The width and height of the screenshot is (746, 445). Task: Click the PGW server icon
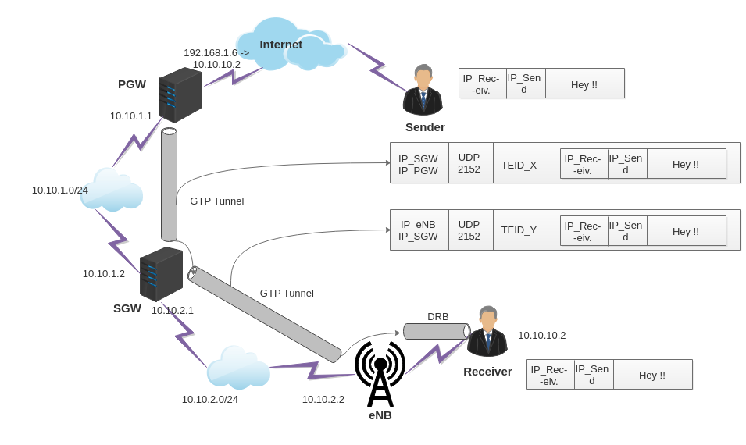click(x=180, y=95)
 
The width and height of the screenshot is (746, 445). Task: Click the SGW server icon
click(x=161, y=274)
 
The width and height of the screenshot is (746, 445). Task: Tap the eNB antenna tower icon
click(x=380, y=374)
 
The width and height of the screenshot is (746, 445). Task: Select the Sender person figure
click(x=423, y=91)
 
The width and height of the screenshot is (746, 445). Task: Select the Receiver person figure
click(x=487, y=332)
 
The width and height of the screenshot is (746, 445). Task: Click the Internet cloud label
click(x=280, y=44)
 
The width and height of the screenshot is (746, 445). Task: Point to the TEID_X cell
click(x=519, y=165)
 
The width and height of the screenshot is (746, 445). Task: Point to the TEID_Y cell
click(x=519, y=230)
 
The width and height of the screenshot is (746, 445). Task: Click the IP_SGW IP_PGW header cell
click(x=419, y=164)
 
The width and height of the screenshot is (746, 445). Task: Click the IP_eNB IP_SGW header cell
click(x=419, y=230)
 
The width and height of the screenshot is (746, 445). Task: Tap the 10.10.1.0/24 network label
click(x=60, y=190)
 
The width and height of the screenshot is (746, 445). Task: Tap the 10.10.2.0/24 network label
click(x=210, y=399)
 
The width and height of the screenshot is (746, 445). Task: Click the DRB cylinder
click(x=436, y=331)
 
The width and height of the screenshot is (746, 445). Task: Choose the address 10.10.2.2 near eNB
click(x=323, y=399)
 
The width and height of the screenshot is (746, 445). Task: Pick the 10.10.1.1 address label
click(x=131, y=116)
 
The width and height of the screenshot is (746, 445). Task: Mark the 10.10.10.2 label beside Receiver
click(x=541, y=335)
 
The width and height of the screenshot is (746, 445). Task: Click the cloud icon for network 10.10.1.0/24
click(x=112, y=190)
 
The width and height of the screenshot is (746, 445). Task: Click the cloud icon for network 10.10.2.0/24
click(x=238, y=368)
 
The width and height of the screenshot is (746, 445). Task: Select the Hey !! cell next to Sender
click(x=584, y=84)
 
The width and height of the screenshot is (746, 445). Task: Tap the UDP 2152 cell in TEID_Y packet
click(x=469, y=230)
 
